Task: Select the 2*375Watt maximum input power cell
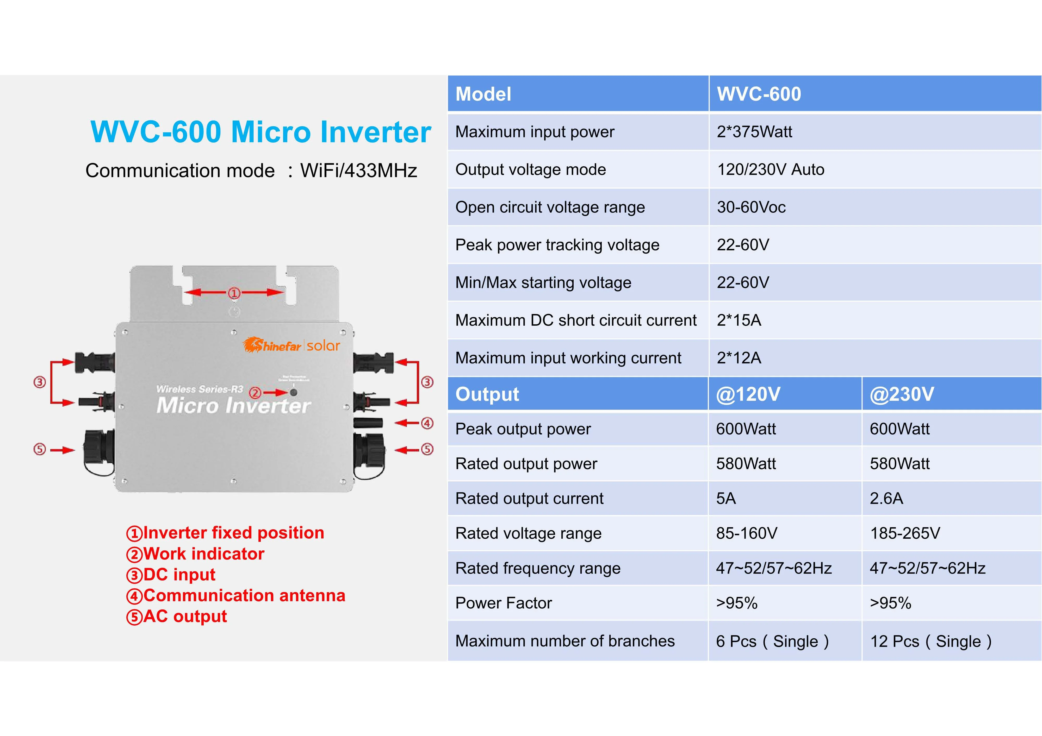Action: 754,132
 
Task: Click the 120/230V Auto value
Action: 770,169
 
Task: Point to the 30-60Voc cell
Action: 751,207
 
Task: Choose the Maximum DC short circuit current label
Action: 575,320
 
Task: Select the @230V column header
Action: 902,394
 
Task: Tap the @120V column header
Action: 748,394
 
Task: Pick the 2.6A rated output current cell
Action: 886,498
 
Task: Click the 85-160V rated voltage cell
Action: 747,533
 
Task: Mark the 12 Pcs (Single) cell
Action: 930,641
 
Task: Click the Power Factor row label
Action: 503,603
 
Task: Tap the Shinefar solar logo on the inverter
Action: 291,345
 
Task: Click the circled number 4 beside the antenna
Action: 427,423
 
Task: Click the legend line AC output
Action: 177,616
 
